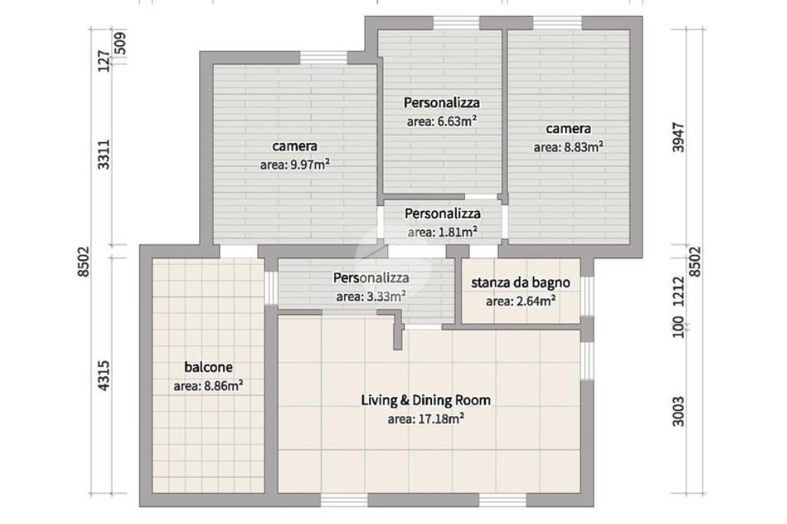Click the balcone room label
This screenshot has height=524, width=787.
(208, 367)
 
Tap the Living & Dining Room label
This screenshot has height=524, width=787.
(426, 400)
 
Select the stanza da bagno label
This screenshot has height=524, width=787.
(520, 283)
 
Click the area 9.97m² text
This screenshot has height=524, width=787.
(294, 165)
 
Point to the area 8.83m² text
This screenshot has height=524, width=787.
(568, 147)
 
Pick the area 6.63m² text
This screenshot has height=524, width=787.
(442, 121)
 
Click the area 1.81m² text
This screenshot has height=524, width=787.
(442, 232)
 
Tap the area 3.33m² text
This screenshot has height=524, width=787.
(371, 296)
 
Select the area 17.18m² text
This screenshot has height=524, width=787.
(426, 419)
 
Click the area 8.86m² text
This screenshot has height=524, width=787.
(208, 386)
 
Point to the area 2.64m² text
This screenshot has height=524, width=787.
(520, 302)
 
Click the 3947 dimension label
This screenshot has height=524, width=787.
(679, 137)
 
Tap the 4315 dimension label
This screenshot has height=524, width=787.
(103, 375)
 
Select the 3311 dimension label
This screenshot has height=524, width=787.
(103, 154)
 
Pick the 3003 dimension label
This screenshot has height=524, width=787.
(679, 412)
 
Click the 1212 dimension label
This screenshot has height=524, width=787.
(679, 292)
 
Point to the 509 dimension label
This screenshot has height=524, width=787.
(121, 44)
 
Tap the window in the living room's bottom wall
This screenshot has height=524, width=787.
(344, 500)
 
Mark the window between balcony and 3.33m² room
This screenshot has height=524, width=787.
(271, 288)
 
